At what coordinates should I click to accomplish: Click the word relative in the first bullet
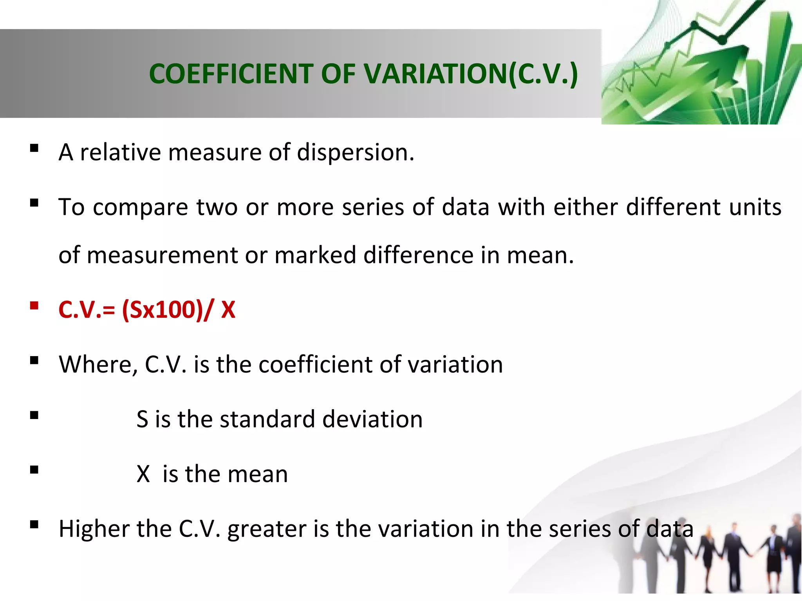tap(120, 152)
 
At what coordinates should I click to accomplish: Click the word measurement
tap(162, 255)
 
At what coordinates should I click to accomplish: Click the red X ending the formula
tap(228, 310)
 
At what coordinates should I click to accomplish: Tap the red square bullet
tap(34, 305)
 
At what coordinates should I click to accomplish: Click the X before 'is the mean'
tap(143, 474)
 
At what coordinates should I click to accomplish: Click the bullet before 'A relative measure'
tap(34, 148)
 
